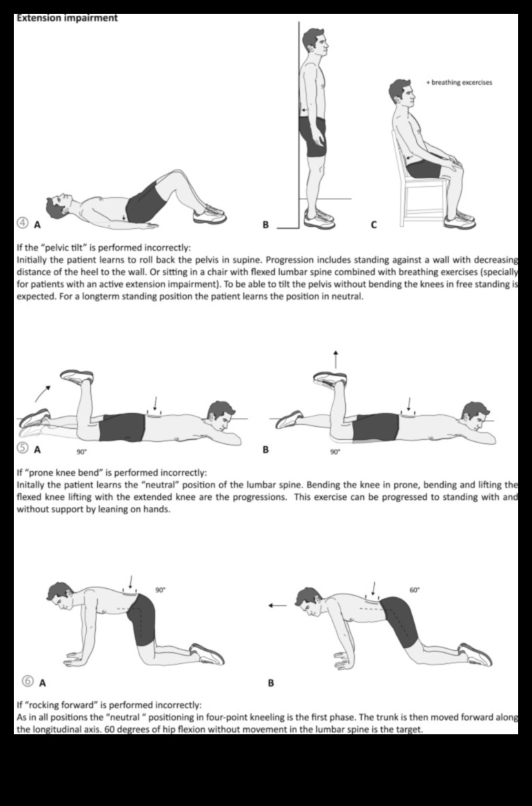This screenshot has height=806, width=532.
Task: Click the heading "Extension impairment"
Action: click(66, 18)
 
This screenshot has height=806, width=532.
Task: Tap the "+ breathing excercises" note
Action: click(459, 83)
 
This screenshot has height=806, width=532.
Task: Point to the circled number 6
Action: click(28, 681)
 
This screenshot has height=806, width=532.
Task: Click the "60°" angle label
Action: click(414, 590)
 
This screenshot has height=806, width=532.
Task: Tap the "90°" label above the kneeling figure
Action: click(161, 590)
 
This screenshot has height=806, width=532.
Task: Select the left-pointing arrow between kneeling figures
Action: click(278, 606)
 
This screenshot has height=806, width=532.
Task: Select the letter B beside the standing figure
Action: click(266, 224)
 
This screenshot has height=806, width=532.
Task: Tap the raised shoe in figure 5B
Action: click(329, 378)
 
